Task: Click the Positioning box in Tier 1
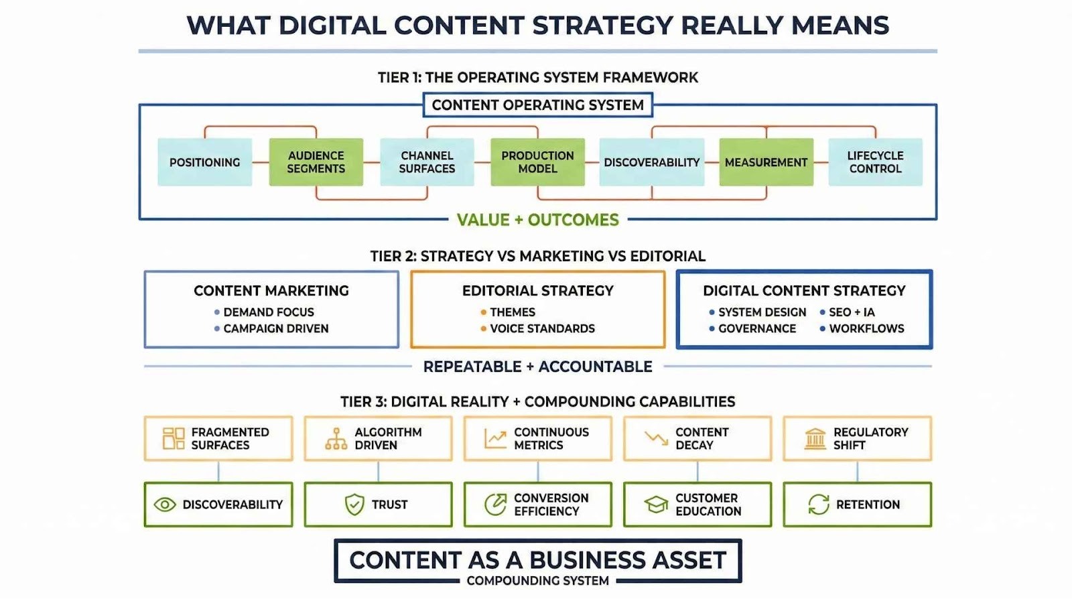point(204,162)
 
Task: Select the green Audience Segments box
point(316,162)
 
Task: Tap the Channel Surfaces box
point(427,162)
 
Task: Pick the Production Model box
point(537,162)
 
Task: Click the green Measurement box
point(766,162)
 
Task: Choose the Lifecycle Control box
point(875,162)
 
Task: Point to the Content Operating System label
point(537,105)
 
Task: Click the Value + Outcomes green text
point(537,220)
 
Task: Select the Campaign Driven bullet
point(275,328)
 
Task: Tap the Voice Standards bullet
point(542,328)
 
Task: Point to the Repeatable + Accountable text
point(537,366)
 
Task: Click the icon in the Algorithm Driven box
point(336,439)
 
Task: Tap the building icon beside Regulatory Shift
point(815,439)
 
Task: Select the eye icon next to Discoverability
point(165,505)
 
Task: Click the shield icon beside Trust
point(354,505)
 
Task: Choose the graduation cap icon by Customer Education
point(656,505)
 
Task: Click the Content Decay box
point(697,439)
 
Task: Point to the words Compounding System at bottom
point(537,581)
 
